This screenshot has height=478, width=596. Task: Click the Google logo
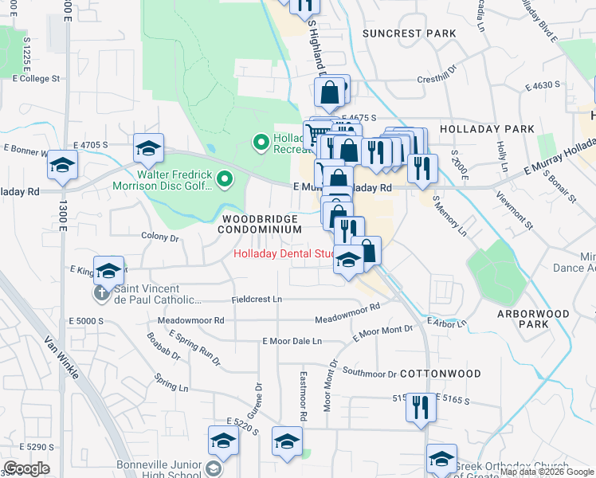coord(26,468)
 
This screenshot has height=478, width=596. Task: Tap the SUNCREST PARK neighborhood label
coord(409,33)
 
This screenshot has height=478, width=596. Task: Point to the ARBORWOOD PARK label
coord(533,319)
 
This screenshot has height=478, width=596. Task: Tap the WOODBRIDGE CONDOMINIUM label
coord(261,224)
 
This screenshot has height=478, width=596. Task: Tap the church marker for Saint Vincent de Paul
coord(102,293)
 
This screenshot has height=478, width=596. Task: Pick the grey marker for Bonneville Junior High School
coord(214,468)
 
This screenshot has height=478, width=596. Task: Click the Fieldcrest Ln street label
coord(257,300)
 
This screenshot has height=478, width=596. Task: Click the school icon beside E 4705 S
coord(148,147)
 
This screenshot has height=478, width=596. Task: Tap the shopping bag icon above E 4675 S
coord(331,92)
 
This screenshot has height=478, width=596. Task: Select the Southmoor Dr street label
coord(369,372)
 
